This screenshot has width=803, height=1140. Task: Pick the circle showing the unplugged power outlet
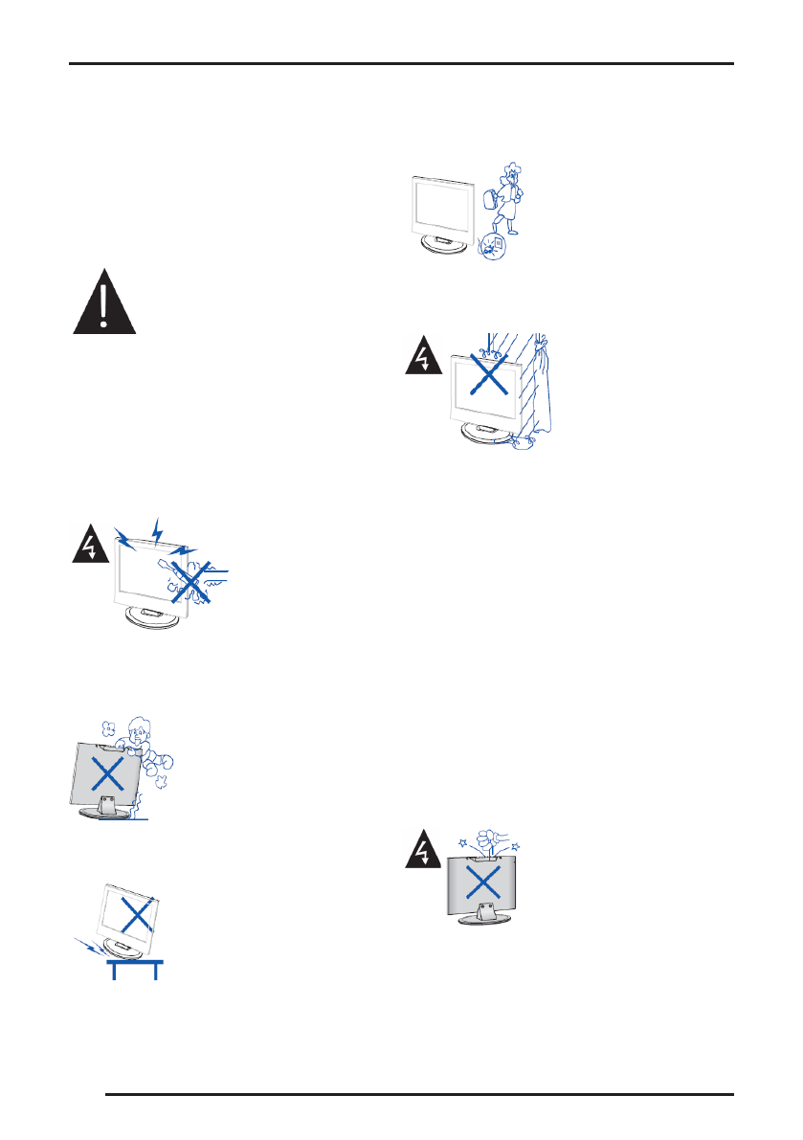[493, 248]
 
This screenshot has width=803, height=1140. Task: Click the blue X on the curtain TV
[489, 375]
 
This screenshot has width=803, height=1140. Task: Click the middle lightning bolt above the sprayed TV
[158, 528]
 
